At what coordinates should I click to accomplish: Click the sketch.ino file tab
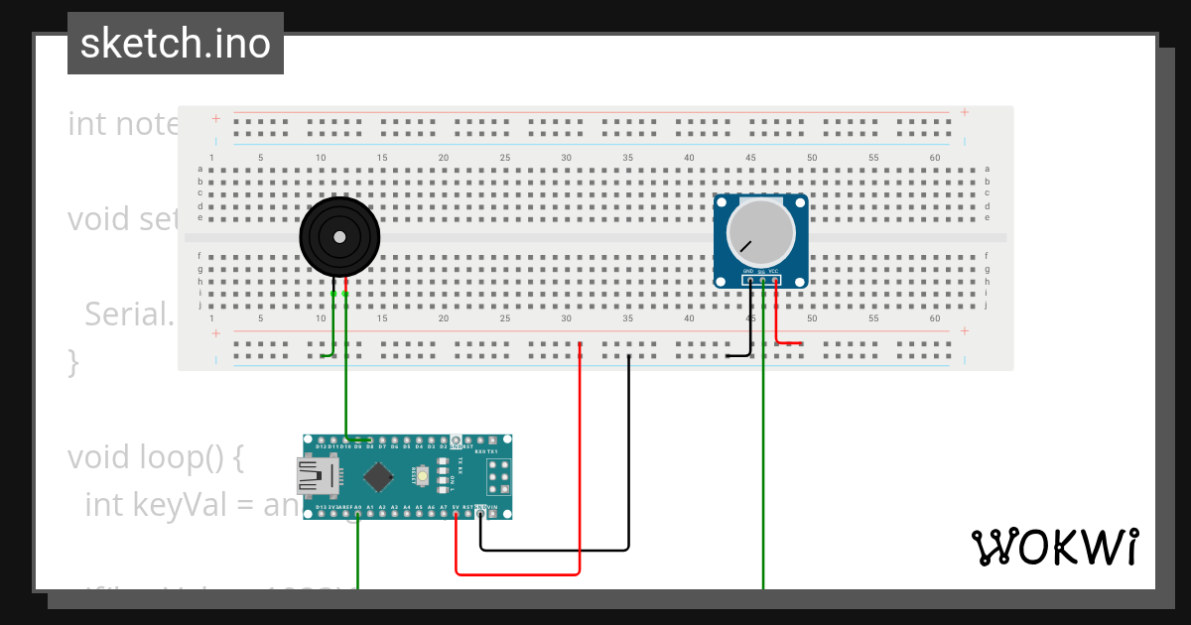[176, 44]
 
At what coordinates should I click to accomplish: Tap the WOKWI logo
[1054, 547]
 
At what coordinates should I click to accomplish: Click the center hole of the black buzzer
[339, 237]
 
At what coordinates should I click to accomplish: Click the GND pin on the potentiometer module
[750, 281]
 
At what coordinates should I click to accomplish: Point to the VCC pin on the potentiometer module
[775, 281]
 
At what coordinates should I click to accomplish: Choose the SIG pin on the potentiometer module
[762, 281]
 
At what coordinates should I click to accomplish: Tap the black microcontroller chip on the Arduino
[378, 477]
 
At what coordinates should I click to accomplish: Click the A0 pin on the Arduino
[357, 514]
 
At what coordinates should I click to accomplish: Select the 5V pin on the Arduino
[456, 514]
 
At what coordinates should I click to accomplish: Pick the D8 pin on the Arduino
[369, 440]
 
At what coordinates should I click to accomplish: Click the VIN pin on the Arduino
[492, 514]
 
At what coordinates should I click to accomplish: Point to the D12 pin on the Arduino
[321, 440]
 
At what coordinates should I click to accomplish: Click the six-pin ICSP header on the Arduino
[498, 477]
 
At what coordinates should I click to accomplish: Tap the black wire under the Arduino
[556, 549]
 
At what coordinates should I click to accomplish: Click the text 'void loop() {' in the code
[155, 457]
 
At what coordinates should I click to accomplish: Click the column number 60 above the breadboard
[935, 158]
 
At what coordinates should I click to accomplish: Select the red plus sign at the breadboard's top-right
[964, 113]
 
